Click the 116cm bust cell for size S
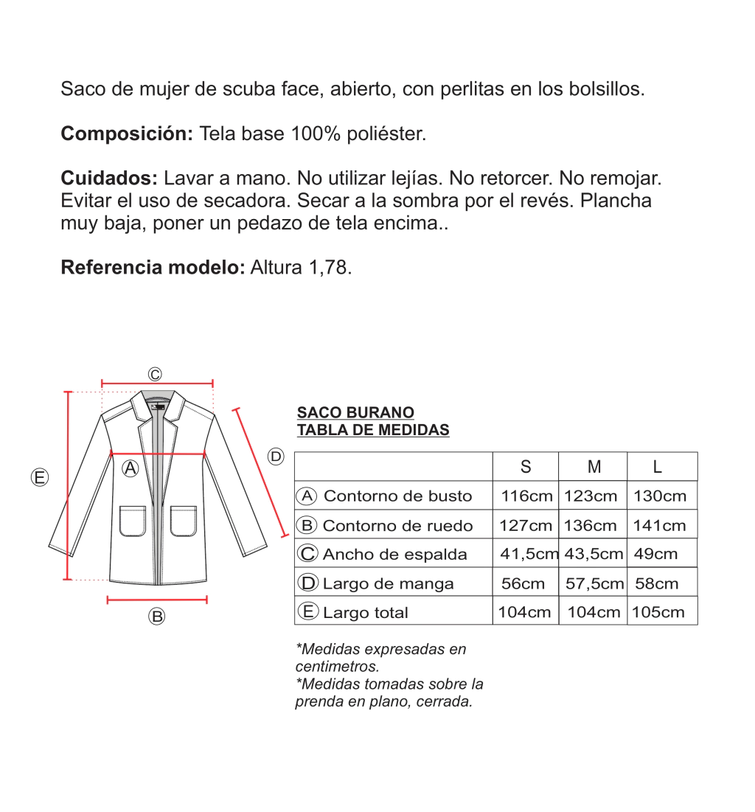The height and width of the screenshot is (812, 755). coord(526,496)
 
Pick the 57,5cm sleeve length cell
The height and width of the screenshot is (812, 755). coord(594,583)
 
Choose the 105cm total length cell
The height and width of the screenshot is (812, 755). coord(658,612)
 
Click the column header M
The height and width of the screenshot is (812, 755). coord(594,466)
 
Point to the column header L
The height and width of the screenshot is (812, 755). coord(658,466)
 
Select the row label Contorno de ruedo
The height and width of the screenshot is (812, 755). coord(397,525)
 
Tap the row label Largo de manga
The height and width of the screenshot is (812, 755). coord(388,583)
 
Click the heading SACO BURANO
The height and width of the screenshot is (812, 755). coord(355,412)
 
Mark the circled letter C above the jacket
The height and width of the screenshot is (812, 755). coord(155,374)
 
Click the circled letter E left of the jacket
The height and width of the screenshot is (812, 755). coord(40,477)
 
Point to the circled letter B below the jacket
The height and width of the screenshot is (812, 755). coord(156,617)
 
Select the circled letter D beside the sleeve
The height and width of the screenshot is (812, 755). coord(276,457)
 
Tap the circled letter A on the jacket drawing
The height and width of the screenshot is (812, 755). coord(131,468)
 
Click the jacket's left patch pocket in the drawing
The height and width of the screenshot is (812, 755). coord(133,520)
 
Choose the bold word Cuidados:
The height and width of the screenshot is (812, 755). coord(109,178)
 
